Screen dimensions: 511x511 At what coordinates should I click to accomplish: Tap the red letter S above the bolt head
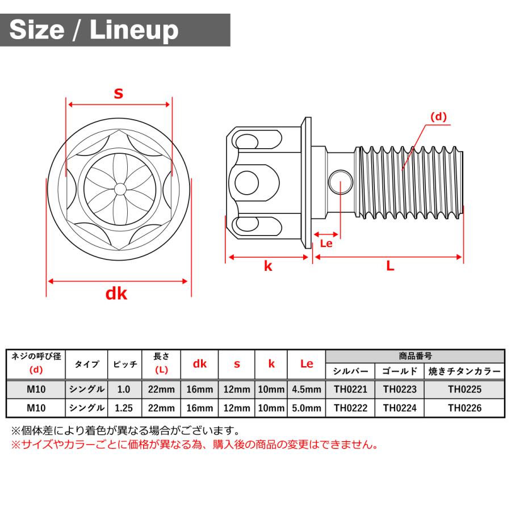click(x=118, y=94)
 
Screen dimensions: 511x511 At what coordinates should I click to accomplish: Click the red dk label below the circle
click(x=116, y=294)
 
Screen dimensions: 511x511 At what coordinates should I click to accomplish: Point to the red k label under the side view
click(x=268, y=266)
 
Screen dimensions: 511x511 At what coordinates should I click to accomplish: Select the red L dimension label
click(x=390, y=266)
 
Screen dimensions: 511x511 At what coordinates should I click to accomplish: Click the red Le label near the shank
click(x=326, y=243)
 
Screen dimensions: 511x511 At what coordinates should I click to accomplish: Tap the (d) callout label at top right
click(x=438, y=117)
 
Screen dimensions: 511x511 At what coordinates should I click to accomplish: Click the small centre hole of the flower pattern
click(x=119, y=188)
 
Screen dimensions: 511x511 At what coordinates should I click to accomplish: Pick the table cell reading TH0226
click(x=464, y=408)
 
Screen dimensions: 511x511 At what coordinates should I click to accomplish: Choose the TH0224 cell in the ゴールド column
click(x=399, y=408)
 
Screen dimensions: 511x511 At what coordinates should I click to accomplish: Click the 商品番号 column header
click(x=415, y=356)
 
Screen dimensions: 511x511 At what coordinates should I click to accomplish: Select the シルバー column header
click(x=350, y=372)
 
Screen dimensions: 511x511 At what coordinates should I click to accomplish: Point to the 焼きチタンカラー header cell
click(x=464, y=372)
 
